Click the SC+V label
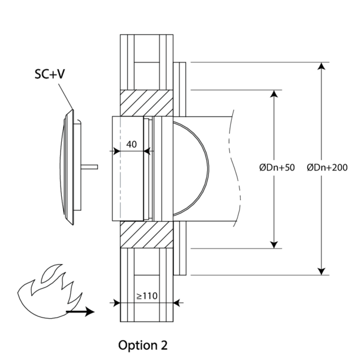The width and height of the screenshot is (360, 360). click(x=50, y=74)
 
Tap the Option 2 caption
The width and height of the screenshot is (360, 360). click(x=143, y=345)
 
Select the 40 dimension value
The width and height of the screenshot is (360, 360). click(x=131, y=144)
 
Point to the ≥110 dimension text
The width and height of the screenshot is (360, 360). click(x=147, y=296)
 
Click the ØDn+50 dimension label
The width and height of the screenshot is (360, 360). click(x=277, y=167)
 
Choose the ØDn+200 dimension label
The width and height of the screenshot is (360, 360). click(x=327, y=167)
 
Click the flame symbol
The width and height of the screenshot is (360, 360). click(x=50, y=291)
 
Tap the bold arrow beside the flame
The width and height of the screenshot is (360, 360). click(x=80, y=311)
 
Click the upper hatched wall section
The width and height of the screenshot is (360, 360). click(x=147, y=103)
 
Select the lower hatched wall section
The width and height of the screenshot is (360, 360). click(x=147, y=235)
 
